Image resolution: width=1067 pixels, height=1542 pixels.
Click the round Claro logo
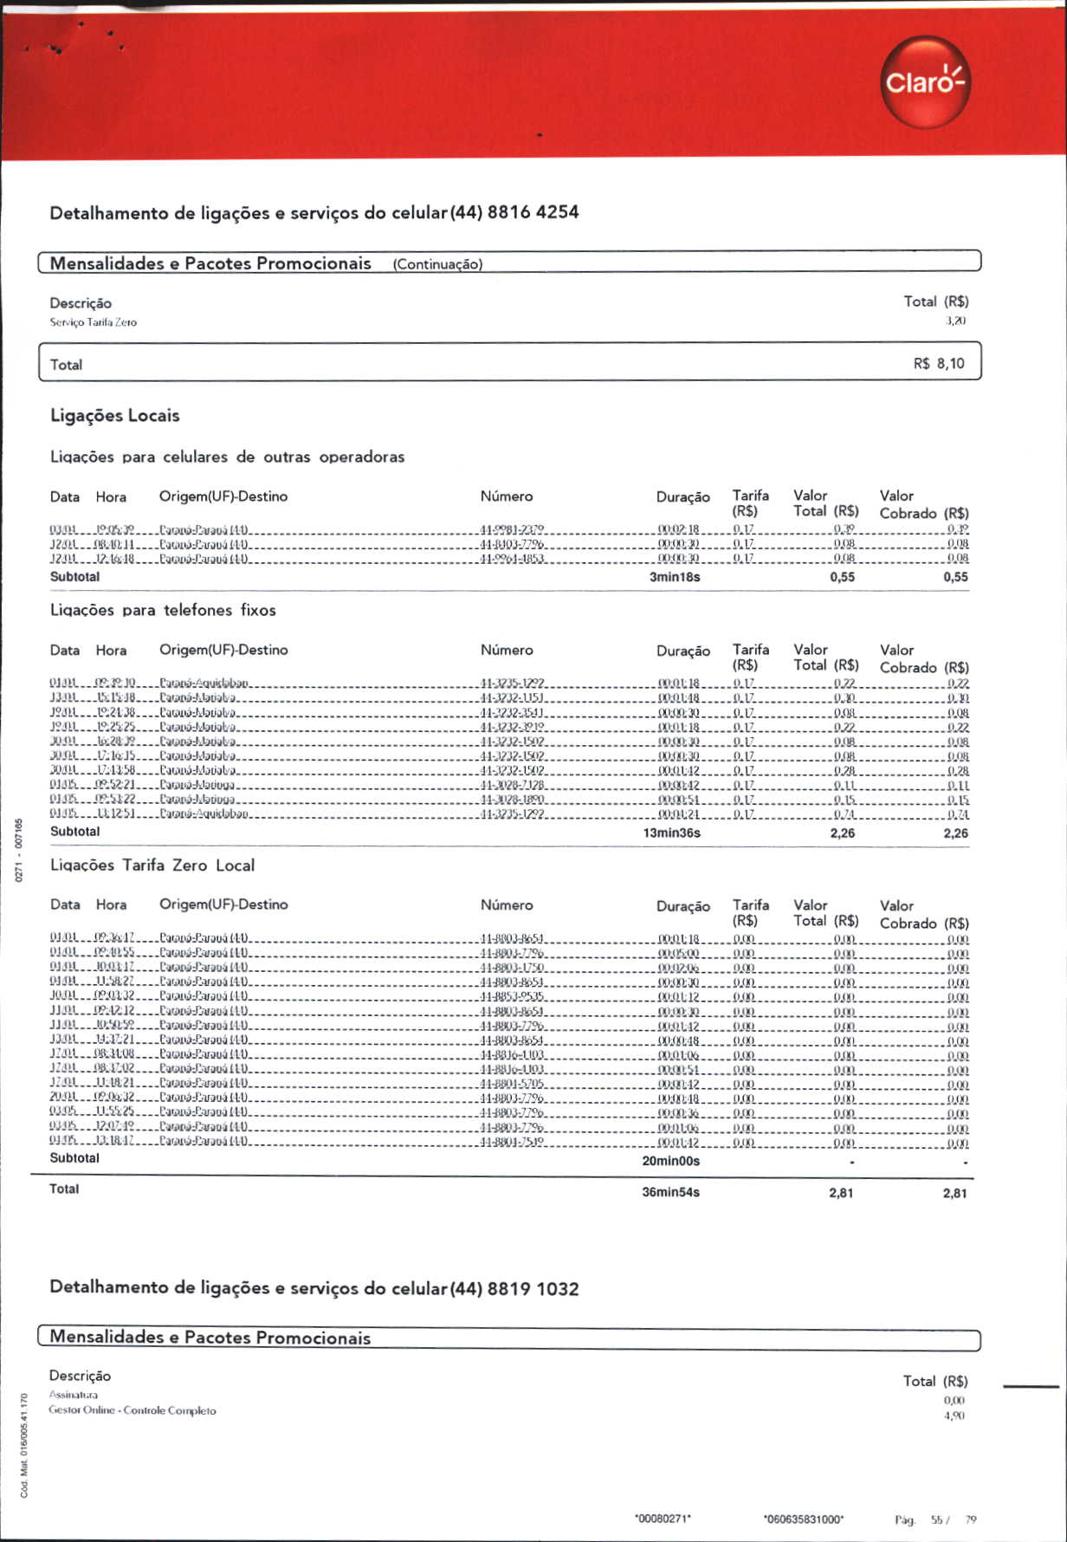[x=925, y=82]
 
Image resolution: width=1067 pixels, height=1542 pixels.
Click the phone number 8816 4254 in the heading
[x=533, y=212]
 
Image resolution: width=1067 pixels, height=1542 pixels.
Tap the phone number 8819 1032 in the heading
[x=533, y=1288]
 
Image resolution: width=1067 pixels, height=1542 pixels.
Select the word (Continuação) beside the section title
[x=437, y=264]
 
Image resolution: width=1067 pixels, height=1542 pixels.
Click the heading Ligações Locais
[x=115, y=416]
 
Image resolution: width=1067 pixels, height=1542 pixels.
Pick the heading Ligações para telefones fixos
[x=163, y=610]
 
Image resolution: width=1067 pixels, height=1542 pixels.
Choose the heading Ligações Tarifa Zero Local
[x=152, y=865]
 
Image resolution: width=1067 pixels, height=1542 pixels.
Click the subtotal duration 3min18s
[x=675, y=577]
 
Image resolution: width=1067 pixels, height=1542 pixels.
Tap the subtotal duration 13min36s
[x=671, y=833]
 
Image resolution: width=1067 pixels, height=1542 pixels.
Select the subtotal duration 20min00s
[x=670, y=1161]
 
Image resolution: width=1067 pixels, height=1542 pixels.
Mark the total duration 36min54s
[x=670, y=1192]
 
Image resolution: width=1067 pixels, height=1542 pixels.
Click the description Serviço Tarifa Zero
[x=93, y=322]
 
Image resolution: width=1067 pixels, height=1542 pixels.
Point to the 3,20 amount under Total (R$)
[x=955, y=321]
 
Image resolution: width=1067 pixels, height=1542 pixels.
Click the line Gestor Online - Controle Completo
[x=133, y=1410]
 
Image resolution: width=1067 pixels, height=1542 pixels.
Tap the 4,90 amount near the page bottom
[x=954, y=1416]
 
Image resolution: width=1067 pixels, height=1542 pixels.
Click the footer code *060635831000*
[x=803, y=1519]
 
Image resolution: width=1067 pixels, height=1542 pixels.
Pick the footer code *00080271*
[x=663, y=1519]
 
